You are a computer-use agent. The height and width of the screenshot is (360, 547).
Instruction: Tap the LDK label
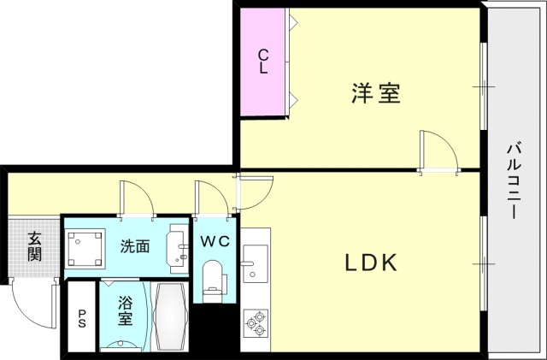click(371, 263)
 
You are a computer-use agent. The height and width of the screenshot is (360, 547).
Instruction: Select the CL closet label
click(264, 62)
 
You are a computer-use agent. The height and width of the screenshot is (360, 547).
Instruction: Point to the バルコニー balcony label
click(515, 180)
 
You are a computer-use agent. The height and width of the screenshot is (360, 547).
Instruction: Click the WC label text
click(215, 241)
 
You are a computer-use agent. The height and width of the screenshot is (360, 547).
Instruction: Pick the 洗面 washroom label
click(135, 246)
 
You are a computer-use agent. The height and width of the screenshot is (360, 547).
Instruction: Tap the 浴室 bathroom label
click(125, 311)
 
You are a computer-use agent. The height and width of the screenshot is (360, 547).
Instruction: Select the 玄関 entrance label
click(34, 246)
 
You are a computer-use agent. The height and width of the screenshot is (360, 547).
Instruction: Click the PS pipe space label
click(83, 318)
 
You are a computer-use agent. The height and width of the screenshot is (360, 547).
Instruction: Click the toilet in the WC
click(213, 281)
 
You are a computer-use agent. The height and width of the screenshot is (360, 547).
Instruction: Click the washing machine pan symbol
click(86, 247)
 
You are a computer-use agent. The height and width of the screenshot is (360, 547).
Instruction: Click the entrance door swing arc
click(32, 304)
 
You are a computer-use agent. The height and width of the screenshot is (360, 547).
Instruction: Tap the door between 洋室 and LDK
click(432, 152)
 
